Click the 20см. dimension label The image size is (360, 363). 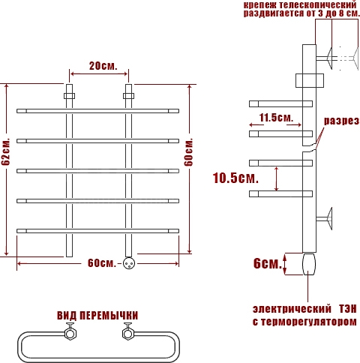pyautogui.click(x=103, y=66)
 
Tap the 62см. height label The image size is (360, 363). pyautogui.click(x=6, y=151)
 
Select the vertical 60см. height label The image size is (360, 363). pyautogui.click(x=188, y=151)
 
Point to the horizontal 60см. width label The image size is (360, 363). pyautogui.click(x=102, y=263)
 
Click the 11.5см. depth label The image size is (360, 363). pyautogui.click(x=276, y=118)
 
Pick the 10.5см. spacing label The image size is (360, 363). pyautogui.click(x=235, y=178)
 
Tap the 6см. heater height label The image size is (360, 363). pyautogui.click(x=268, y=263)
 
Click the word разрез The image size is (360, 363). pyautogui.click(x=341, y=121)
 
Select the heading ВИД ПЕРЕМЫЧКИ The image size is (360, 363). pyautogui.click(x=97, y=316)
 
